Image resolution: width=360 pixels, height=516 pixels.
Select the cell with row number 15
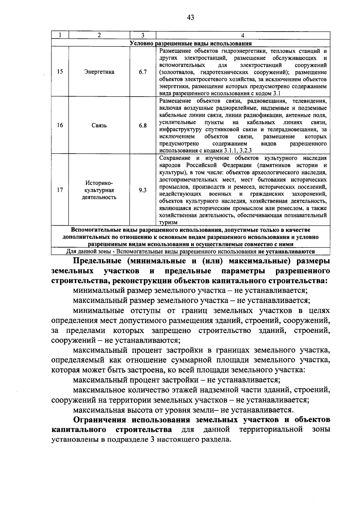tap(60, 72)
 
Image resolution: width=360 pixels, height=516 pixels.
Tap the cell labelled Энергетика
tap(99, 72)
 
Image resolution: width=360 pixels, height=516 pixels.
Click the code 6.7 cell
tap(143, 72)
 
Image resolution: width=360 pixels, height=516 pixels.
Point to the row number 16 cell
tap(60, 125)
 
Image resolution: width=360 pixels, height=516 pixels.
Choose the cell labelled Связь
tap(99, 125)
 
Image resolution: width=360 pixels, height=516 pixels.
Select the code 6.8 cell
tap(143, 125)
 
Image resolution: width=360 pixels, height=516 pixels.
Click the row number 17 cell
tap(60, 190)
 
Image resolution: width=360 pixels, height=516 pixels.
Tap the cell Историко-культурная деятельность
tap(99, 190)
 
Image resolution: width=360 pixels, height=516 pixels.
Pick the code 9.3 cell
tap(143, 190)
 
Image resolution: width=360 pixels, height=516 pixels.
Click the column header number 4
tap(243, 35)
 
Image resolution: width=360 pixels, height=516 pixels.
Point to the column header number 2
tap(99, 35)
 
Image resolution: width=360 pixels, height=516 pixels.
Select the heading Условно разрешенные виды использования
tap(190, 43)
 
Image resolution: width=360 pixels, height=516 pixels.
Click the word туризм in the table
tap(168, 223)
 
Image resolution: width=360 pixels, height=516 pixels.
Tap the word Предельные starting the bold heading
tap(97, 261)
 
